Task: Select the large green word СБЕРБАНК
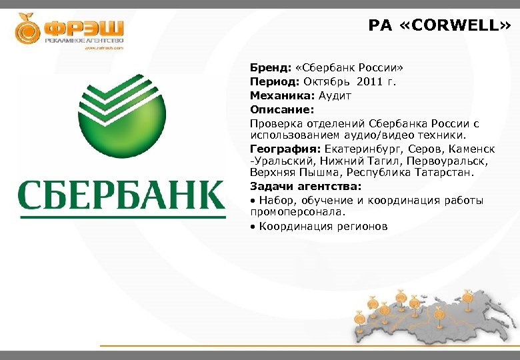point(121,196)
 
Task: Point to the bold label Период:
point(275,82)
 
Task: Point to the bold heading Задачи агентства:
point(305,187)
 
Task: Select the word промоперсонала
point(297,212)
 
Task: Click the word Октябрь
point(327,82)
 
